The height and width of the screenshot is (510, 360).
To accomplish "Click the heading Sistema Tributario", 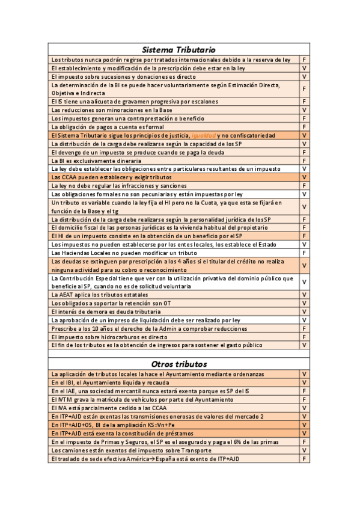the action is coord(178,49).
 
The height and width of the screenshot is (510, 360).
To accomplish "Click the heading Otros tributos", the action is coord(178,364).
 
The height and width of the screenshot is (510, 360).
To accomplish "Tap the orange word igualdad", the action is coord(203,136).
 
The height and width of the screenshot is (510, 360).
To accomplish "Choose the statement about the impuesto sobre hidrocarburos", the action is coord(110,337).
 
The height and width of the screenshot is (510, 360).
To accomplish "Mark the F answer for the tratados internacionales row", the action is coord(304,60).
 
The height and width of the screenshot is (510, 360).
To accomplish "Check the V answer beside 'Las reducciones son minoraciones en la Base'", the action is coord(304,111).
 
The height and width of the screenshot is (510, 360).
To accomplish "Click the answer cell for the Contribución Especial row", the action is coord(304,282).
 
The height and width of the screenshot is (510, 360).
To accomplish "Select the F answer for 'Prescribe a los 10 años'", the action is coord(304,328).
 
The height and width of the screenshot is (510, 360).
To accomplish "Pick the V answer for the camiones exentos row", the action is coord(304,450).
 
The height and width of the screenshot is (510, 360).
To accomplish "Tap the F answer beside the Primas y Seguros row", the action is coord(304,442).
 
